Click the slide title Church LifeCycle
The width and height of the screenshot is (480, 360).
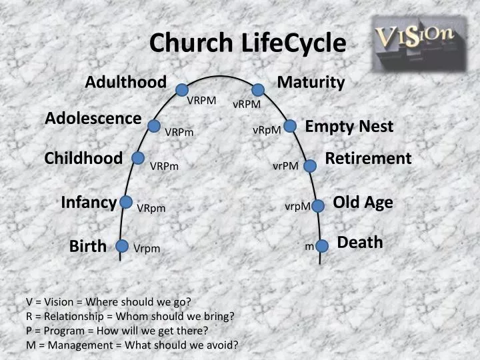pyautogui.click(x=247, y=43)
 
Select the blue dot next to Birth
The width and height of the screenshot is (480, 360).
pyautogui.click(x=122, y=246)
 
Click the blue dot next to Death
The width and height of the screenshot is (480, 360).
pyautogui.click(x=322, y=246)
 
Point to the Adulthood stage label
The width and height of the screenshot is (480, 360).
pyautogui.click(x=125, y=82)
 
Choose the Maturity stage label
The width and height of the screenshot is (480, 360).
pyautogui.click(x=311, y=82)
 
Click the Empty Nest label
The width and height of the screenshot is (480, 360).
pyautogui.click(x=349, y=126)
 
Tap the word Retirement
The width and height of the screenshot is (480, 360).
pyautogui.click(x=368, y=158)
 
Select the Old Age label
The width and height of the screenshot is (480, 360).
pyautogui.click(x=363, y=202)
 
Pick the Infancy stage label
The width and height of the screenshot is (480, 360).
pyautogui.click(x=89, y=202)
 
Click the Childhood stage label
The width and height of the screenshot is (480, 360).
pyautogui.click(x=83, y=158)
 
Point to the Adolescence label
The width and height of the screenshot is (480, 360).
pyautogui.click(x=93, y=118)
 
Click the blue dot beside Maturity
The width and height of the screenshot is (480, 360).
pyautogui.click(x=258, y=90)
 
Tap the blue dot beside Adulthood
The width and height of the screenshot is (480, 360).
pyautogui.click(x=183, y=90)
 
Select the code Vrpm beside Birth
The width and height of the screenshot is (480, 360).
pyautogui.click(x=147, y=249)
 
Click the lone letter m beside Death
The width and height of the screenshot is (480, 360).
pyautogui.click(x=309, y=247)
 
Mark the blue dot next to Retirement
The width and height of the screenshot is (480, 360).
pyautogui.click(x=310, y=165)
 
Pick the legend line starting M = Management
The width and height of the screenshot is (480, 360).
pyautogui.click(x=132, y=345)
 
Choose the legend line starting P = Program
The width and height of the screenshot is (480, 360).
pyautogui.click(x=117, y=330)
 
